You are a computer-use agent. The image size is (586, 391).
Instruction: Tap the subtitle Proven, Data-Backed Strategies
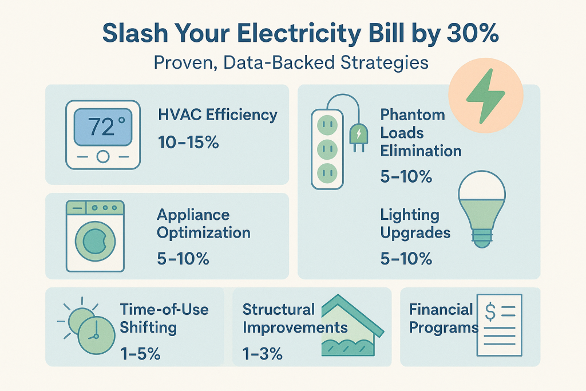click(x=292, y=62)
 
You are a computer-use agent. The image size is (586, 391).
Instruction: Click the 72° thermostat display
click(x=102, y=127)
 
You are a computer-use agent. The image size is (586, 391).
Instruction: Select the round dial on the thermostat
click(x=102, y=155)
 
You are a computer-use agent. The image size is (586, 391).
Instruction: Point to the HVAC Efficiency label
click(x=217, y=114)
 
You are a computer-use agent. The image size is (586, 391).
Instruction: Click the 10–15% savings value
click(x=188, y=142)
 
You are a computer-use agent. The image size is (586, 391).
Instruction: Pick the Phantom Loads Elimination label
click(x=421, y=133)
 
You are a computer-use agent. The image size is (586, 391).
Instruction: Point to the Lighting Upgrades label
click(x=415, y=224)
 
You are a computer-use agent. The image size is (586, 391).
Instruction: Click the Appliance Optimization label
click(x=203, y=224)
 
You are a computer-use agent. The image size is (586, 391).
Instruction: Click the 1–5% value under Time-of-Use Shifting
click(x=140, y=354)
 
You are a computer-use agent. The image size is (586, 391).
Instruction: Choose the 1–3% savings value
click(x=263, y=354)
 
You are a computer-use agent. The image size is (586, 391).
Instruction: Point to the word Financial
click(x=441, y=310)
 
